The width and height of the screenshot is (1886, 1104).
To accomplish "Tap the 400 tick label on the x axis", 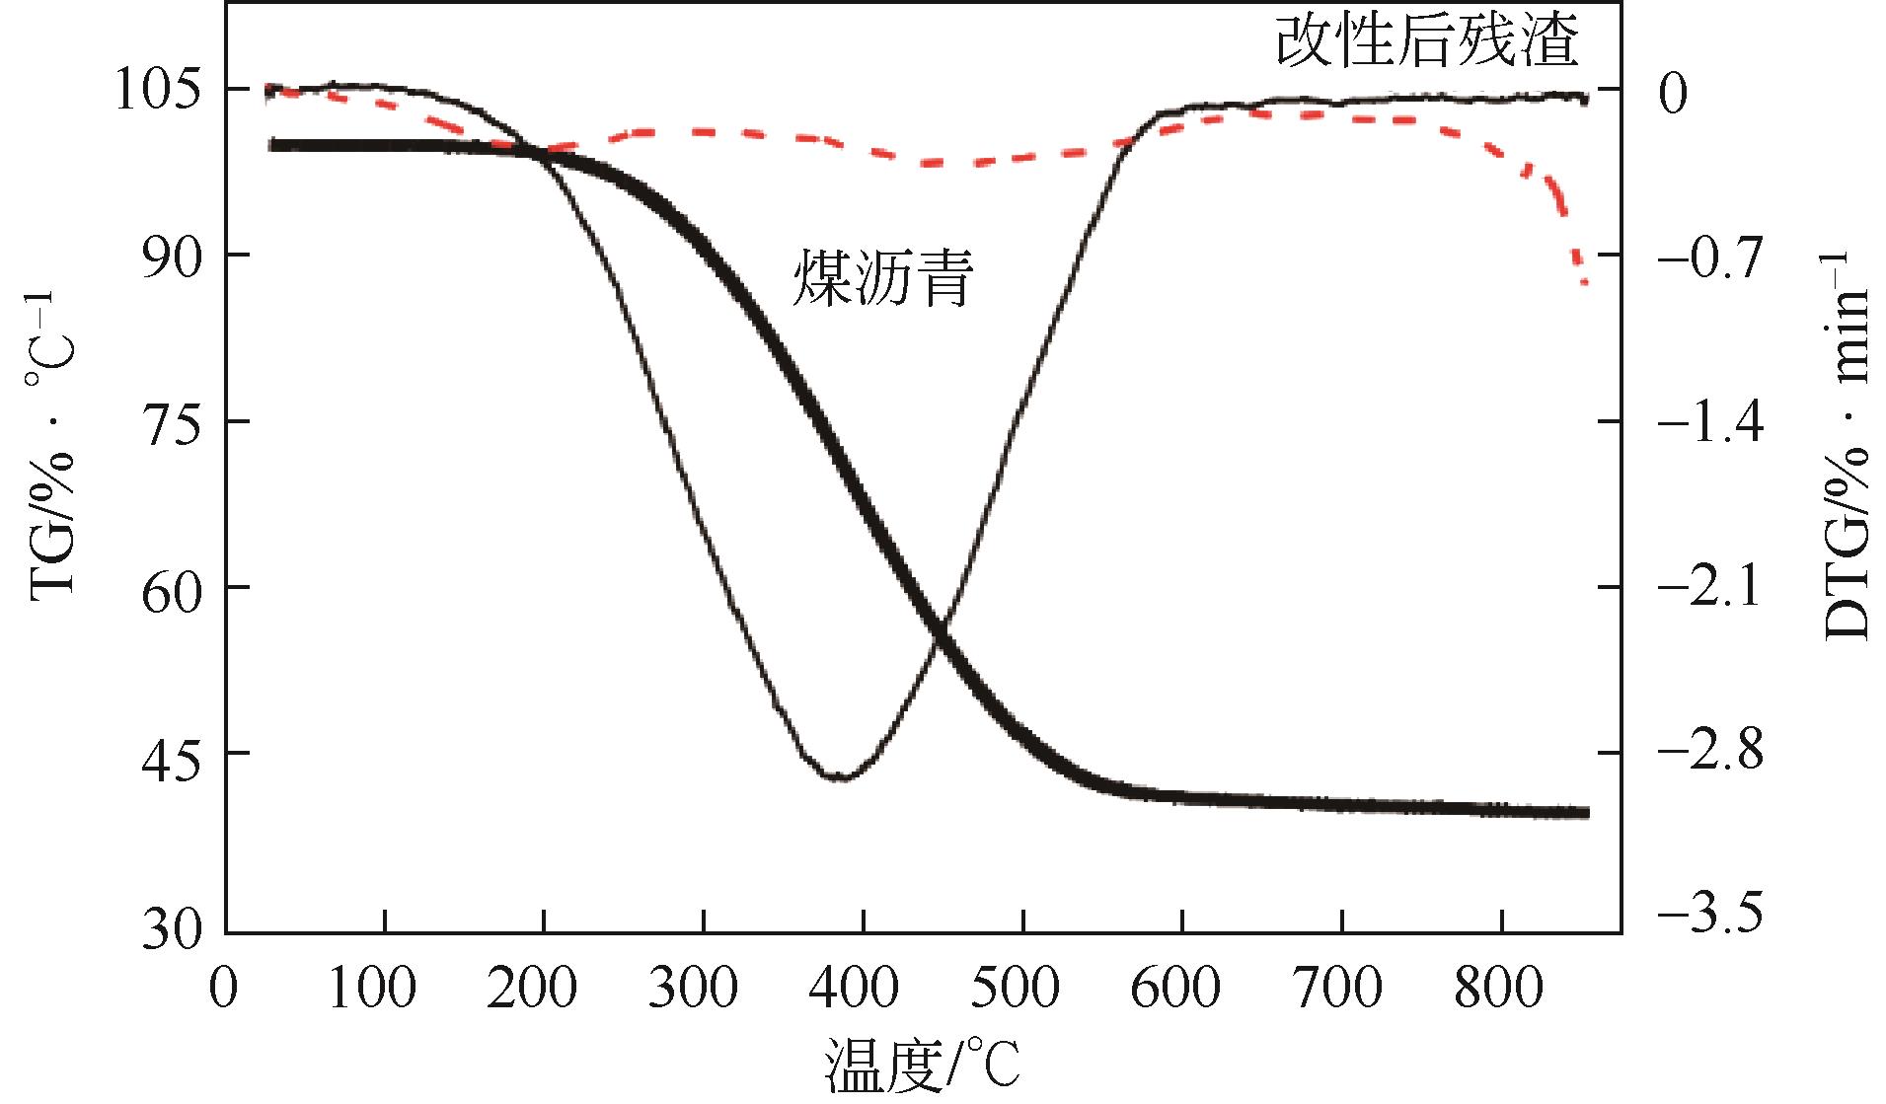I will (x=863, y=988).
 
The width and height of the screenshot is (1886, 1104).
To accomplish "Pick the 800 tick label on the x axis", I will (x=1501, y=988).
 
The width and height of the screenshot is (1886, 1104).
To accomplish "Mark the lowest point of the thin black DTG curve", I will (x=839, y=778).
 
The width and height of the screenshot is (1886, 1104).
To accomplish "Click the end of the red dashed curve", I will (x=1585, y=282).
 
